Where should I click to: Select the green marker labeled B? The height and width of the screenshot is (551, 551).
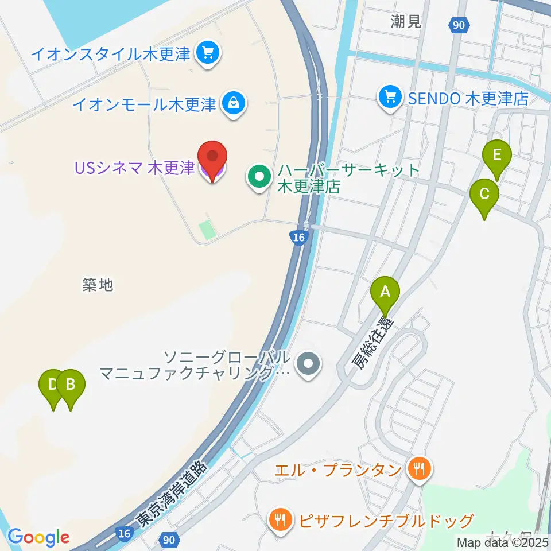pyautogui.click(x=71, y=385)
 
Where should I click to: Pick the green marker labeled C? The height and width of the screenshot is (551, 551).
pyautogui.click(x=484, y=194)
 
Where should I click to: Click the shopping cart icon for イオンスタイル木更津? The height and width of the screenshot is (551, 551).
pyautogui.click(x=205, y=54)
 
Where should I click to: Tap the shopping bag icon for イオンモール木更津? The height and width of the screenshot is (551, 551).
pyautogui.click(x=234, y=104)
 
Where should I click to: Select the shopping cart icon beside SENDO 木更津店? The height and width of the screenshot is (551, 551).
pyautogui.click(x=390, y=97)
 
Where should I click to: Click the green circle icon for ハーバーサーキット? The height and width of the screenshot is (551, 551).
pyautogui.click(x=259, y=177)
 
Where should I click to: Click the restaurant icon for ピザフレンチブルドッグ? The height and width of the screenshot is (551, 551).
pyautogui.click(x=280, y=521)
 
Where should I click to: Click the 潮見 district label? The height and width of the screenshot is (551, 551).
pyautogui.click(x=406, y=22)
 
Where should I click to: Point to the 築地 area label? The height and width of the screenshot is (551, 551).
pyautogui.click(x=98, y=284)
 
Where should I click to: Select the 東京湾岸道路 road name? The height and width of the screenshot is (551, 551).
pyautogui.click(x=170, y=496)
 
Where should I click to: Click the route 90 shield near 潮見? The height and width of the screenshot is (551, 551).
pyautogui.click(x=459, y=25)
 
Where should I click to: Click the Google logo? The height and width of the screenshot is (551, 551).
pyautogui.click(x=38, y=537)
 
